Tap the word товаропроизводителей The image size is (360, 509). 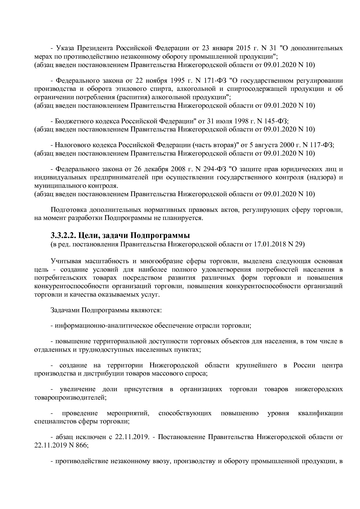tap(70, 398)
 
